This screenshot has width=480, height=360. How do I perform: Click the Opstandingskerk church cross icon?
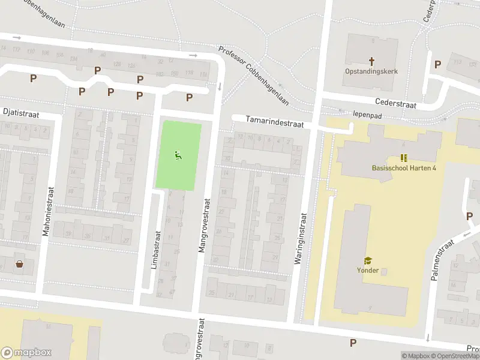(x=371, y=61)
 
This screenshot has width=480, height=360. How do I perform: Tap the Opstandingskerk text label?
(x=371, y=71)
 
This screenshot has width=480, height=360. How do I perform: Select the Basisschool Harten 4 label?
(x=404, y=167)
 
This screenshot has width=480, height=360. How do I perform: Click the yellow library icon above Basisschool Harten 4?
(x=404, y=158)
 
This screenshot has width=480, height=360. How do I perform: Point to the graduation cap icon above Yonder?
(x=367, y=260)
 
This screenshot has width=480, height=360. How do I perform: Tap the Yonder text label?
(x=367, y=270)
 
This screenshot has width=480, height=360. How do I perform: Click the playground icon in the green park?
(x=178, y=156)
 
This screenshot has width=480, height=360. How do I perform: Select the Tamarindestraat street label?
(x=274, y=122)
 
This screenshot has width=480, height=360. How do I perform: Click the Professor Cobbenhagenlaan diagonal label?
(x=253, y=76)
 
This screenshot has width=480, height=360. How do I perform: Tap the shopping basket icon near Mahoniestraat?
(x=20, y=264)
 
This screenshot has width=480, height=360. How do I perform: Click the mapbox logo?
(x=26, y=353)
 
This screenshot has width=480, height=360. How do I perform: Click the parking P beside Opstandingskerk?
(x=437, y=64)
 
